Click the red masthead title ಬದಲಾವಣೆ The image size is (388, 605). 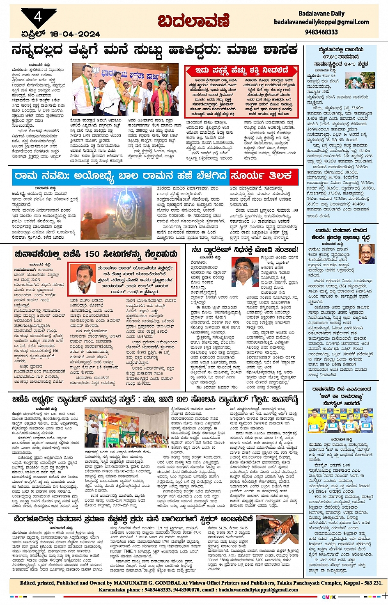click(194, 21)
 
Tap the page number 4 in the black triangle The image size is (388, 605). click(38, 17)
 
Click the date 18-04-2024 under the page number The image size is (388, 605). click(75, 34)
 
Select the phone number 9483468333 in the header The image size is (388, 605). click(321, 32)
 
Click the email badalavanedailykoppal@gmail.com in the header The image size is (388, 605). click(321, 22)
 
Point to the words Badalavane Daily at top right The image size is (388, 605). click(321, 14)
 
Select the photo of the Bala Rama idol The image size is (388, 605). click(116, 213)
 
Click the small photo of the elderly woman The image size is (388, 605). click(366, 254)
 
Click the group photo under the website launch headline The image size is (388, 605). click(340, 421)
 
